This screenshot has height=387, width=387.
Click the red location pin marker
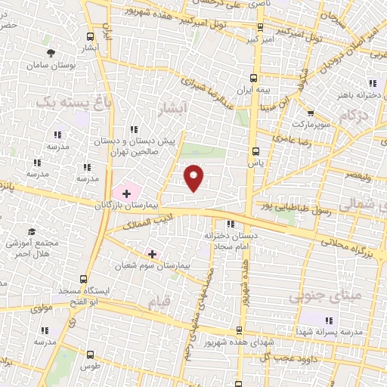point(194,178)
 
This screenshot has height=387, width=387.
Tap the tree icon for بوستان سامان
point(51,53)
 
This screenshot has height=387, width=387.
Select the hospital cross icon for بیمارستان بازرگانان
point(126,193)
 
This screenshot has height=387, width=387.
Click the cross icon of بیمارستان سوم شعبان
point(152,254)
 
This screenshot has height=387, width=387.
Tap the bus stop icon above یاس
point(254,150)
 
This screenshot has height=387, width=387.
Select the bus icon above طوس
point(91,354)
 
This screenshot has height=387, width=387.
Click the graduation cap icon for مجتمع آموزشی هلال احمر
point(32,231)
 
